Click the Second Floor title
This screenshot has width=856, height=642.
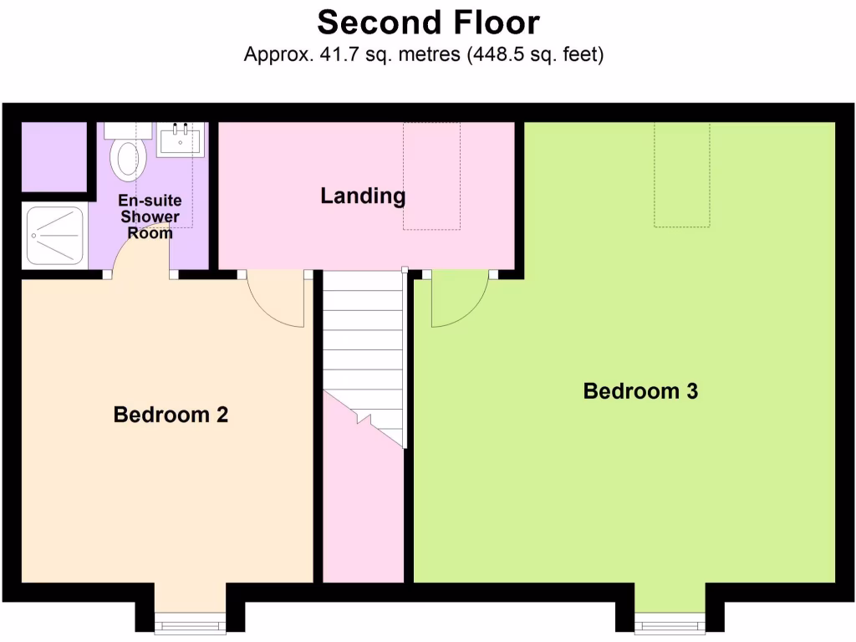pyautogui.click(x=428, y=22)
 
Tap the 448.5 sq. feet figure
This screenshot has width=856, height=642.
pyautogui.click(x=535, y=55)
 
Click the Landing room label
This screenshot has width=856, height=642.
pyautogui.click(x=363, y=196)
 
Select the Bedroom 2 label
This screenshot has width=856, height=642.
pyautogui.click(x=171, y=415)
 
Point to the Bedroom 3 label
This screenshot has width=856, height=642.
pyautogui.click(x=640, y=391)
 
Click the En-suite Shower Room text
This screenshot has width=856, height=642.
pyautogui.click(x=150, y=217)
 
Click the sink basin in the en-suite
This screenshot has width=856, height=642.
pyautogui.click(x=180, y=140)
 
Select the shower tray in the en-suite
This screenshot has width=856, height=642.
pyautogui.click(x=55, y=236)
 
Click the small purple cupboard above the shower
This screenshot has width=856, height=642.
pyautogui.click(x=53, y=155)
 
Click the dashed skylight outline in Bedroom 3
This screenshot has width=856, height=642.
pyautogui.click(x=682, y=175)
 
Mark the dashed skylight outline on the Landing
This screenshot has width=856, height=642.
pyautogui.click(x=431, y=176)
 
